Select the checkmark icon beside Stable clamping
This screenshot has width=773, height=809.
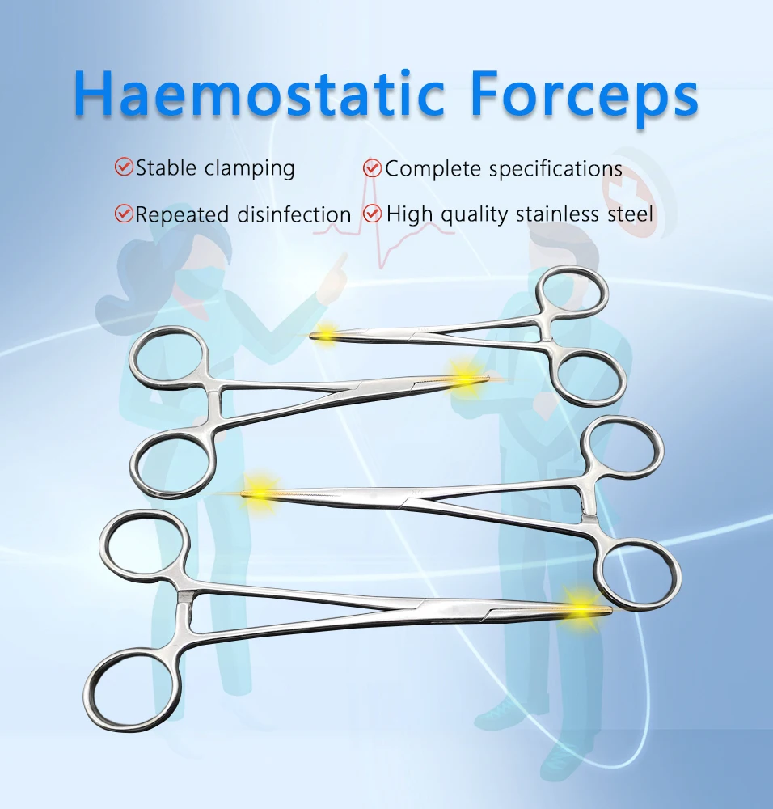pyautogui.click(x=124, y=167)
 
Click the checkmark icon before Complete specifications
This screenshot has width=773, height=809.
pyautogui.click(x=372, y=168)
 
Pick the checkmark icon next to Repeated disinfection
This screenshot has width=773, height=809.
pyautogui.click(x=124, y=214)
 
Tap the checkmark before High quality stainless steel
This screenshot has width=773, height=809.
pyautogui.click(x=372, y=214)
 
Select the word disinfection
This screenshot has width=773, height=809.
pyautogui.click(x=294, y=214)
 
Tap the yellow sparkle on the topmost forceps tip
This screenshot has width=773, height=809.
pyautogui.click(x=327, y=332)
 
